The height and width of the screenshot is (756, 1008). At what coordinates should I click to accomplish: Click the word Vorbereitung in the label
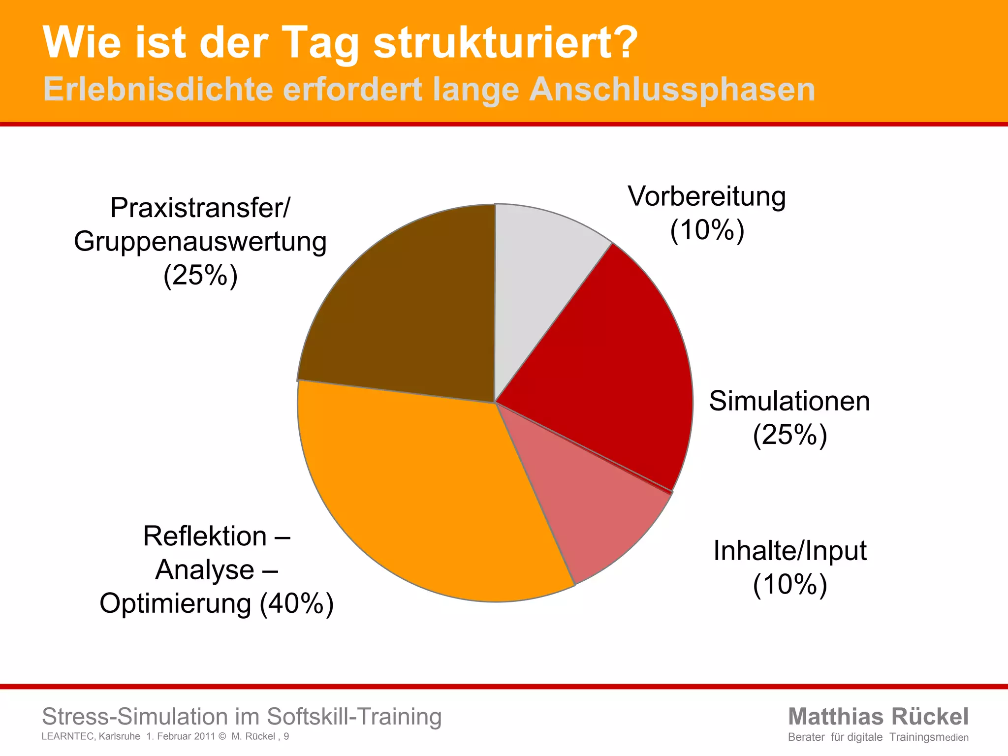point(707,197)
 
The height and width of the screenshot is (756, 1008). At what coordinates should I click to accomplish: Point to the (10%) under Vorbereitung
point(707,230)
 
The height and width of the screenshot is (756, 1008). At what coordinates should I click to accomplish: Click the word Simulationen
point(789,401)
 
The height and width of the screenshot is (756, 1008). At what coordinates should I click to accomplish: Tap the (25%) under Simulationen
point(789,435)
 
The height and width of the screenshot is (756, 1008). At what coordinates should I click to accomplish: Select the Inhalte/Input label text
point(789,551)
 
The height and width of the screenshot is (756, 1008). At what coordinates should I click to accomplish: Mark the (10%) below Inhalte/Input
point(789,585)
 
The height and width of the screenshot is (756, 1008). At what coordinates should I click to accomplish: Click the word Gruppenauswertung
point(200,242)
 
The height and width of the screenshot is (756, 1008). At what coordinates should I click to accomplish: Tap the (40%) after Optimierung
point(297,603)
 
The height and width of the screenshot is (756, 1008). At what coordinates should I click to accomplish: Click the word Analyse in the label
point(205,570)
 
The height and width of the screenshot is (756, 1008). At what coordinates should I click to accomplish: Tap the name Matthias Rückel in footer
point(878,717)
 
